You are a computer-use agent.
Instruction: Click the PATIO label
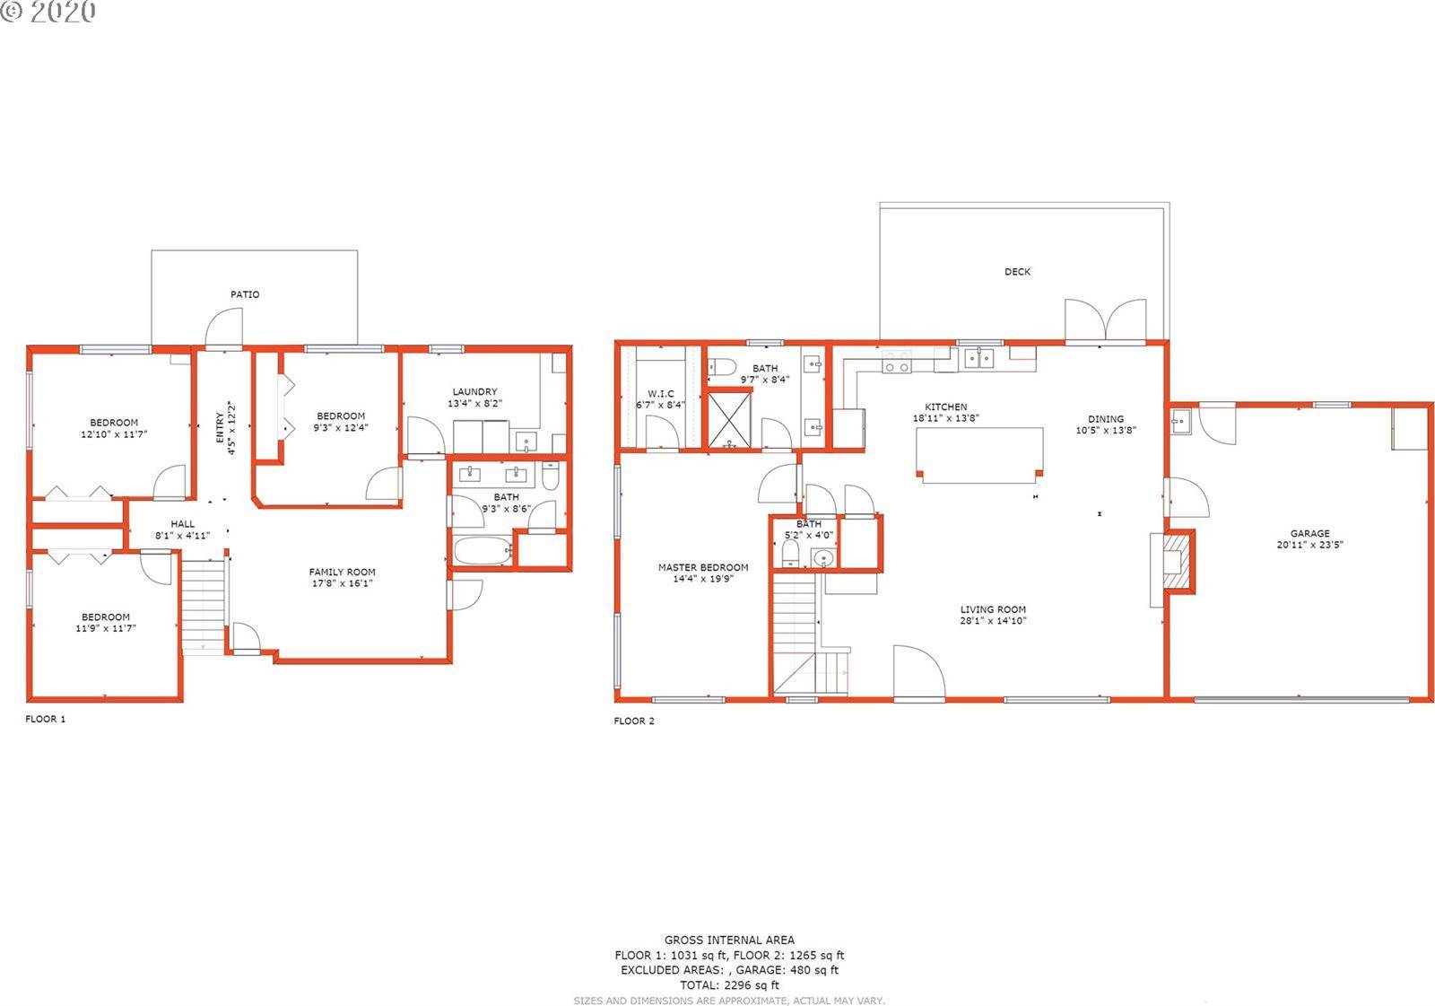coord(245,294)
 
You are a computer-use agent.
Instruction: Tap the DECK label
coord(1017,272)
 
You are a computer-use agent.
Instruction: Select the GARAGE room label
coord(1310,533)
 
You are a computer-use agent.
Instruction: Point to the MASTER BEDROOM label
coord(703,567)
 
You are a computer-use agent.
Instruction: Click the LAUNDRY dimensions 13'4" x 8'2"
coord(474,403)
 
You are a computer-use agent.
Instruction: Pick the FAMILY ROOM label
coord(342,572)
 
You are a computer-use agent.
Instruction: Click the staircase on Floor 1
coord(204,606)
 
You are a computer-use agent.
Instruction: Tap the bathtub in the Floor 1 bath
coord(483,551)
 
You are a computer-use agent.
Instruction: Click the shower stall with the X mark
coord(729,420)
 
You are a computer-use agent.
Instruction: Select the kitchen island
coord(978,455)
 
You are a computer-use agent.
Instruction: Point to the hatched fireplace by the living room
coord(1178,561)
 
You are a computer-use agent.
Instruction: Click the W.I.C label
coord(660,394)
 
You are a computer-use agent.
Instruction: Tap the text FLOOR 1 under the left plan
coord(46,719)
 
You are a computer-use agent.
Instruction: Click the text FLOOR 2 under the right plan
coord(634,721)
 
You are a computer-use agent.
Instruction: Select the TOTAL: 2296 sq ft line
coord(730,984)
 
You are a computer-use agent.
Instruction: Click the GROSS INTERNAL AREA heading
coord(730,940)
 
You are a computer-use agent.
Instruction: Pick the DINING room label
coord(1106,419)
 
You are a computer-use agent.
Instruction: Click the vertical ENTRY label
coord(220,427)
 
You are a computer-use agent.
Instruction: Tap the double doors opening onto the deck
coord(1106,319)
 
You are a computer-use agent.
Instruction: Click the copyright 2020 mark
coord(48,13)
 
